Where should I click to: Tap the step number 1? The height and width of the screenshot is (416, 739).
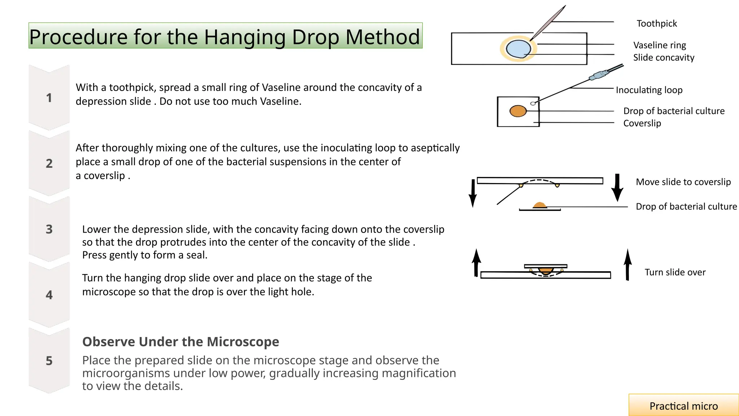click(49, 98)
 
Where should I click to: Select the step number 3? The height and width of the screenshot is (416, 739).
click(49, 229)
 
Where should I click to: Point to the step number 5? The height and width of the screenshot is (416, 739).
click(49, 360)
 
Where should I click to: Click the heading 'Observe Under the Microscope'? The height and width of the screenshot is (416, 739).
click(180, 342)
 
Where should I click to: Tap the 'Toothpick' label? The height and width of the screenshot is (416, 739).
click(656, 23)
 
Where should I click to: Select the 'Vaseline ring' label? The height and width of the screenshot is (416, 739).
click(659, 45)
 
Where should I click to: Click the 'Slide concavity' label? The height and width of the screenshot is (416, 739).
click(663, 57)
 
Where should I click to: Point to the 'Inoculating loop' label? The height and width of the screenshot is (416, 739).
click(649, 90)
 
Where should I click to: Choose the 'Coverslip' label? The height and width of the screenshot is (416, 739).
click(642, 123)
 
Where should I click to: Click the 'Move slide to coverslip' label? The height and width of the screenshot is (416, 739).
click(683, 182)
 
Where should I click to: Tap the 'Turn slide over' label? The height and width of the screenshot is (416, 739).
click(675, 272)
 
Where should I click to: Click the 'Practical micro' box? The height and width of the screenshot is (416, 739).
click(683, 406)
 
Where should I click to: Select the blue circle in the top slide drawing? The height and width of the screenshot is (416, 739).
click(518, 49)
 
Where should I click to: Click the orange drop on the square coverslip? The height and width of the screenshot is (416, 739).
click(518, 111)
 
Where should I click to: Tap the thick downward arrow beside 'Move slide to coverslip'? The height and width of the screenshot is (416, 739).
click(617, 187)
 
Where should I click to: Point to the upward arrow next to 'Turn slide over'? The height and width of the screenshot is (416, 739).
click(628, 265)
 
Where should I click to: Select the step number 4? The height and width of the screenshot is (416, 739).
click(49, 295)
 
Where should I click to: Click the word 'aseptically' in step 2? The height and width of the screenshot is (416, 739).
click(435, 148)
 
